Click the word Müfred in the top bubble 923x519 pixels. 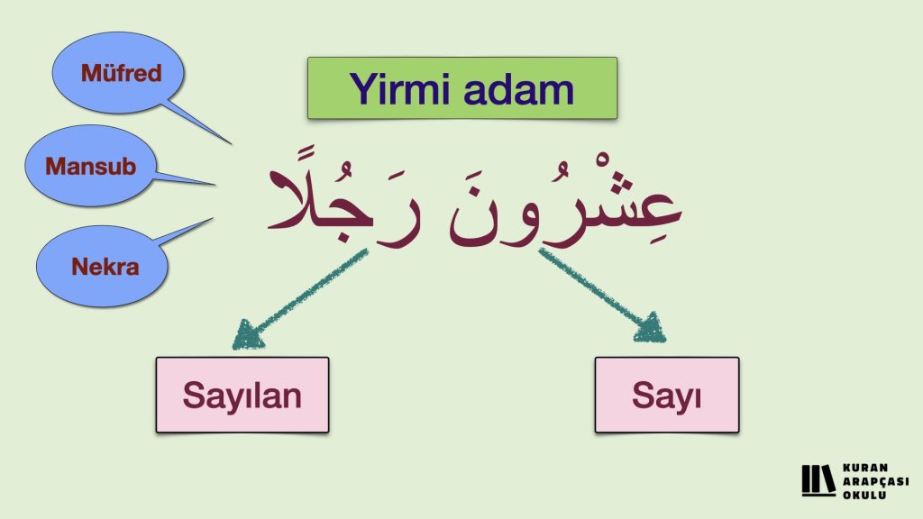tap(122, 74)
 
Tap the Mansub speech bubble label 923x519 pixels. tap(91, 167)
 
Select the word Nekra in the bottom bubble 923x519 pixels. tap(105, 267)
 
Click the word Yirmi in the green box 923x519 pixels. tap(398, 90)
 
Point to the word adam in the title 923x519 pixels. tap(518, 90)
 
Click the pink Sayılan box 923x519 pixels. tap(242, 395)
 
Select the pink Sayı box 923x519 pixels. tap(667, 395)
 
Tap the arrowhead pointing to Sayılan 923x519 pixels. tap(246, 335)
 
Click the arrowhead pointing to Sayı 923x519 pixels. tap(651, 329)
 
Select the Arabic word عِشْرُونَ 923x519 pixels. tap(565, 203)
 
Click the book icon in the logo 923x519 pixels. tap(818, 480)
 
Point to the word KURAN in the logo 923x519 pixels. tap(865, 468)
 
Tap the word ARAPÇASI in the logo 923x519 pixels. tap(876, 481)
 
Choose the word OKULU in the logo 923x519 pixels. tap(864, 495)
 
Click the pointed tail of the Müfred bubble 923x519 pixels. tap(231, 143)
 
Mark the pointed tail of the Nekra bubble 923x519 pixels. tap(212, 219)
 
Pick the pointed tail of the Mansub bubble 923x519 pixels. tap(215, 185)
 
